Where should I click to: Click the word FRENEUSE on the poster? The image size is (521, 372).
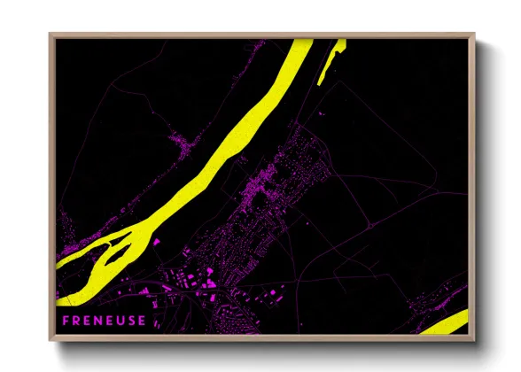point(105,320)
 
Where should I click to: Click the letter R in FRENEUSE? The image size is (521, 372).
point(76,320)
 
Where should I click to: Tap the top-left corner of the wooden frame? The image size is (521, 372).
point(51,35)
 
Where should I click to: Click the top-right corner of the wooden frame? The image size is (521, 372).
point(473,35)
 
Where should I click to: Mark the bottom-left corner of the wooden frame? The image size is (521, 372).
point(51,340)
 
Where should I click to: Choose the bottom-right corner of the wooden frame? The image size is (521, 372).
point(473,340)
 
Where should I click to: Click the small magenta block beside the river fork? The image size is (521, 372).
point(157,241)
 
